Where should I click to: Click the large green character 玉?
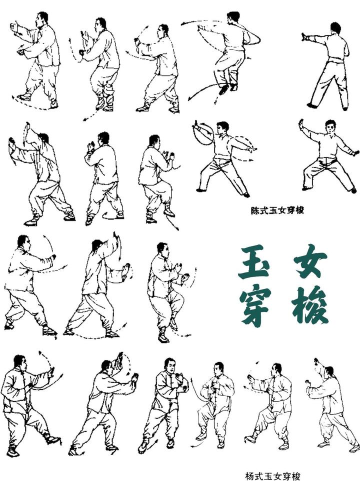tap(254, 261)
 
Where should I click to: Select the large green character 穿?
tap(255, 307)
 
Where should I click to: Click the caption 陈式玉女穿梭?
tap(277, 210)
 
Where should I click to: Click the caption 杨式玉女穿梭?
tap(273, 476)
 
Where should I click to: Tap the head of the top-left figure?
tap(41, 19)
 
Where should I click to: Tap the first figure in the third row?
tap(30, 285)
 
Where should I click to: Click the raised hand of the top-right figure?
tap(304, 37)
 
